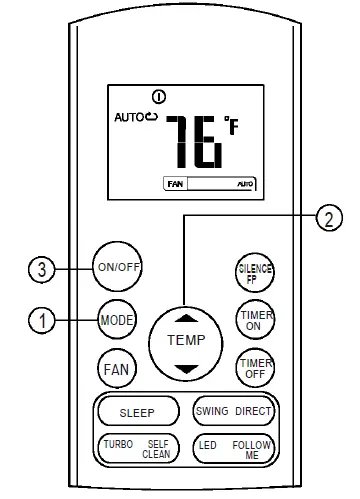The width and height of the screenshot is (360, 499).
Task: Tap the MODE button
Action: [117, 321]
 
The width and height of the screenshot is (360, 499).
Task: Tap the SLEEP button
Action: [138, 412]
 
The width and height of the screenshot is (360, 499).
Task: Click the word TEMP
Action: [185, 340]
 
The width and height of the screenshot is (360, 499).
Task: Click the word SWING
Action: [211, 412]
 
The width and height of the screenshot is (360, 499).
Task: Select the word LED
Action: [207, 445]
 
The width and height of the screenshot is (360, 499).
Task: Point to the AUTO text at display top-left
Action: [130, 117]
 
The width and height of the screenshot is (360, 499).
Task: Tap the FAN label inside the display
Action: [174, 184]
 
